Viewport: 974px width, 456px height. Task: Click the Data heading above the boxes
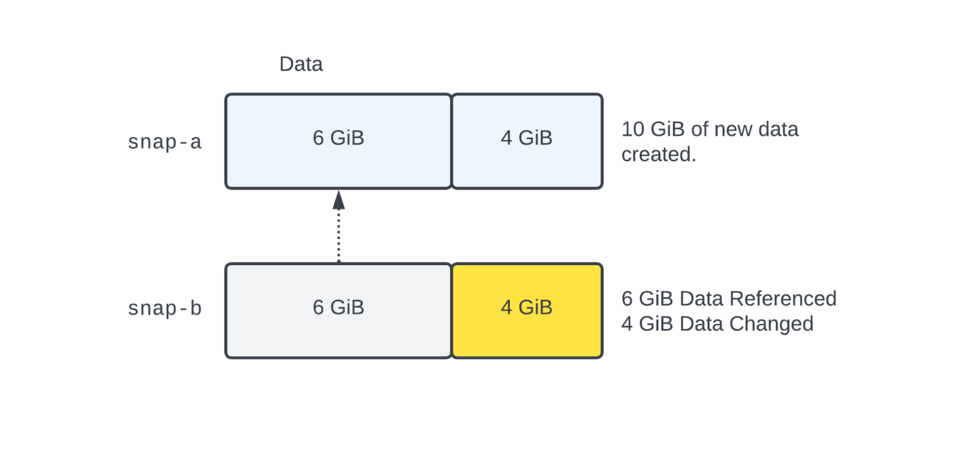click(x=301, y=64)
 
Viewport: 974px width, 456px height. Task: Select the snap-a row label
click(x=164, y=141)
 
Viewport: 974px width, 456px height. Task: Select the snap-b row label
click(x=164, y=308)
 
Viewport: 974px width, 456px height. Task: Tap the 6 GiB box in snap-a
click(x=338, y=141)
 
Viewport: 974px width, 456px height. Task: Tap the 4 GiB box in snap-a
click(x=526, y=141)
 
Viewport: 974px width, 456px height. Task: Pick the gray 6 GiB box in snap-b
click(x=338, y=310)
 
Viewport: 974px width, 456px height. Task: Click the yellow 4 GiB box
click(x=526, y=310)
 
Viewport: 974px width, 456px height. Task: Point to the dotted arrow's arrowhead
click(x=339, y=200)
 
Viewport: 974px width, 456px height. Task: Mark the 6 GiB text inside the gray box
click(x=338, y=308)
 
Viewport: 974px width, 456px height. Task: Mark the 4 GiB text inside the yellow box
click(x=526, y=308)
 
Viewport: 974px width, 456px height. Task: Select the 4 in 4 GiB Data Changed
click(x=627, y=323)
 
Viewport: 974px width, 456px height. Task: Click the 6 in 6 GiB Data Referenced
click(x=627, y=298)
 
